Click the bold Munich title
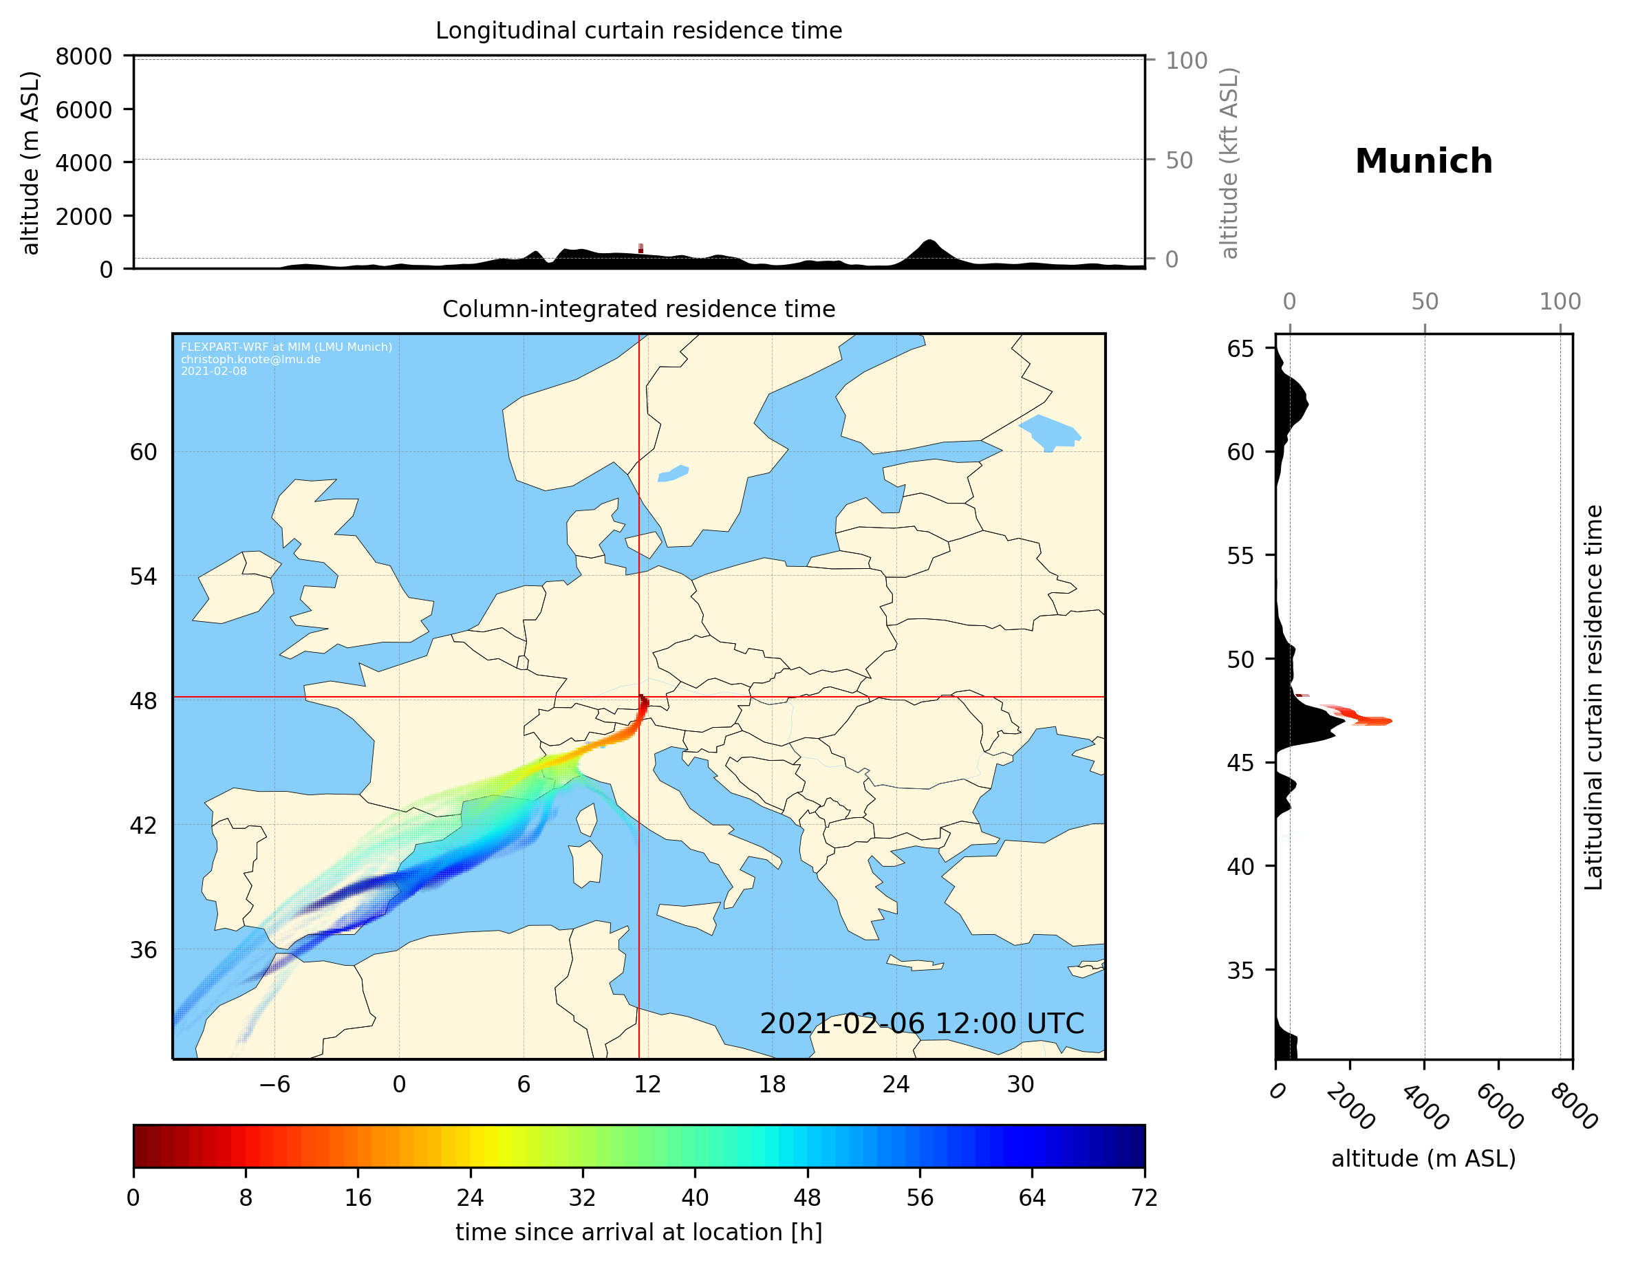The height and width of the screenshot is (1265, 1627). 1423,162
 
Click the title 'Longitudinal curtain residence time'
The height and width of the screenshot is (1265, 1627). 638,30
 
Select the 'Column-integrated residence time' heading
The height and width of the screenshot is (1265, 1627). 638,309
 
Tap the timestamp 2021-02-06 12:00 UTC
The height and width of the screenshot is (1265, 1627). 922,1024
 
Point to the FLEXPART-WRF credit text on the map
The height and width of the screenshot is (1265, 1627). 286,358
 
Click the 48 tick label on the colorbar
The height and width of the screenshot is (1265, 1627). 807,1198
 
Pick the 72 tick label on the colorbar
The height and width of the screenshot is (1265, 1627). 1143,1198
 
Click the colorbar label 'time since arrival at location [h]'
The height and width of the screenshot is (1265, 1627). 638,1232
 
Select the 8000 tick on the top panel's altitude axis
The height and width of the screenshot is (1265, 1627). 83,56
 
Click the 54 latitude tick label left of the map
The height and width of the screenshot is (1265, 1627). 143,576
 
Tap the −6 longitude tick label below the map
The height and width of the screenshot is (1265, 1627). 274,1084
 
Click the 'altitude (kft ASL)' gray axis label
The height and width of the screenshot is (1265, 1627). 1229,163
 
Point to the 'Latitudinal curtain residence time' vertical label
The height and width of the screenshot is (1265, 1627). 1593,697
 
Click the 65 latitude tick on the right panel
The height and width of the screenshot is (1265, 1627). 1240,349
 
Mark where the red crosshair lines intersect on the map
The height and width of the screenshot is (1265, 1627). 639,698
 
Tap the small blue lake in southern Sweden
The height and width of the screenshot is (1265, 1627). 674,474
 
